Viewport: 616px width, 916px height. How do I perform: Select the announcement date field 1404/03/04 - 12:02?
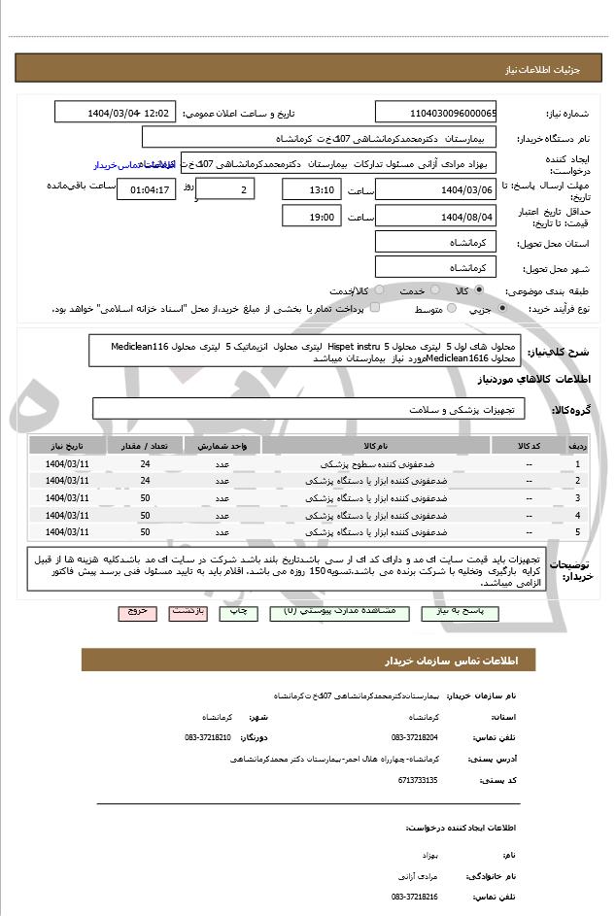129,113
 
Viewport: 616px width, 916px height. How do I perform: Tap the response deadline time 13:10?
313,188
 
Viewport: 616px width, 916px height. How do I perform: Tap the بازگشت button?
187,613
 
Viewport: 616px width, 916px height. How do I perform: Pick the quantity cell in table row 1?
144,463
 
